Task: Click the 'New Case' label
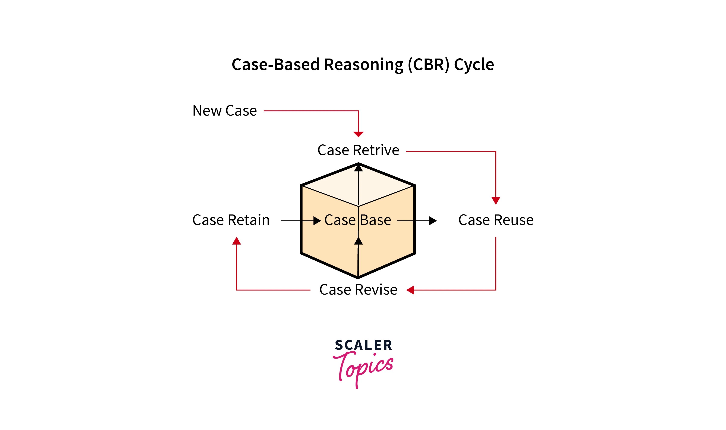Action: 225,111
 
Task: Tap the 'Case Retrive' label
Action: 358,150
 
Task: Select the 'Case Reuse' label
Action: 496,220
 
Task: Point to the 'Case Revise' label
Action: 358,289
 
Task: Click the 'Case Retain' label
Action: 231,220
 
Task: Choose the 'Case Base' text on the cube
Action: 358,220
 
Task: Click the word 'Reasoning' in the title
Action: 363,64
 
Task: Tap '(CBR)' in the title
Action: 429,64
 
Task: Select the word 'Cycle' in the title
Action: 474,64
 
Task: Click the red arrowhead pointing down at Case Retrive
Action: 358,134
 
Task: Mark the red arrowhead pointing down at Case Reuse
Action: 496,201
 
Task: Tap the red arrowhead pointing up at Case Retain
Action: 237,241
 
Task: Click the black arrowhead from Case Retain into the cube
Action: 317,221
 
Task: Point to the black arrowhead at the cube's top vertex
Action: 359,168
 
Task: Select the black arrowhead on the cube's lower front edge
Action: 359,241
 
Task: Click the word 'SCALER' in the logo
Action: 363,345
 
